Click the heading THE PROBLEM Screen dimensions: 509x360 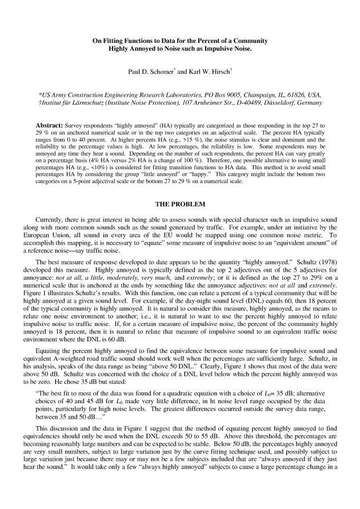click(180, 204)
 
